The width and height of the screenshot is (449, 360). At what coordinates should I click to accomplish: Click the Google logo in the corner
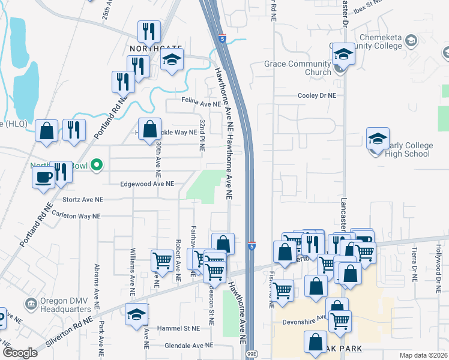pyautogui.click(x=20, y=353)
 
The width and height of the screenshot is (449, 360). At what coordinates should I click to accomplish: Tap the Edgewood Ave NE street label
pyautogui.click(x=146, y=184)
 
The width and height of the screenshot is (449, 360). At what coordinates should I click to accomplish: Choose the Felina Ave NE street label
pyautogui.click(x=201, y=104)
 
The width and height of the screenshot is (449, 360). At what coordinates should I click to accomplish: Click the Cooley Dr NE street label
pyautogui.click(x=317, y=95)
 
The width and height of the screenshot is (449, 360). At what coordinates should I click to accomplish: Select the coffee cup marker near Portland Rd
pyautogui.click(x=44, y=177)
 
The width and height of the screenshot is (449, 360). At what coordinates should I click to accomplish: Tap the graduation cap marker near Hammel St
pyautogui.click(x=137, y=314)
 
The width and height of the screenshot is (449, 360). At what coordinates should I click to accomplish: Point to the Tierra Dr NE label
pyautogui.click(x=414, y=264)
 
